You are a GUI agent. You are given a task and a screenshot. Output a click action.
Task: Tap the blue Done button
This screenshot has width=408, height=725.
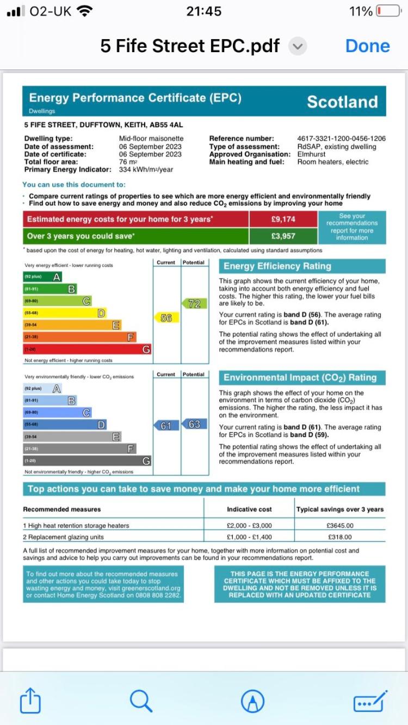pyautogui.click(x=368, y=46)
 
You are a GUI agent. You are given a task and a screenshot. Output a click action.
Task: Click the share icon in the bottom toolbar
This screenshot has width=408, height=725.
pyautogui.click(x=30, y=701)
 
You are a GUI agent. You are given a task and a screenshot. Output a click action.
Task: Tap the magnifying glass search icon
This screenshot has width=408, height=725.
pyautogui.click(x=141, y=701)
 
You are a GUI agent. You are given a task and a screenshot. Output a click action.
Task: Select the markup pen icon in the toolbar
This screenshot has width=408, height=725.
pyautogui.click(x=252, y=701)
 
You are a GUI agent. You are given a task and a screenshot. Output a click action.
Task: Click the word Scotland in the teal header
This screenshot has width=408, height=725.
pyautogui.click(x=342, y=102)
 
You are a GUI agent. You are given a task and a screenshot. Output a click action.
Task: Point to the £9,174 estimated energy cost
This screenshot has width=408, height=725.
pyautogui.click(x=283, y=220)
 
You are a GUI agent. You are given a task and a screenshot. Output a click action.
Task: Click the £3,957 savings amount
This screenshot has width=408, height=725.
pyautogui.click(x=283, y=236)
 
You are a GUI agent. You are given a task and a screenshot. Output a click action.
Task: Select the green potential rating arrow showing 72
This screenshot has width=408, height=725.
pyautogui.click(x=194, y=304)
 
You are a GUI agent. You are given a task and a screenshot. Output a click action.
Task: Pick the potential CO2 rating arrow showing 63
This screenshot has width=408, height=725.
pyautogui.click(x=194, y=424)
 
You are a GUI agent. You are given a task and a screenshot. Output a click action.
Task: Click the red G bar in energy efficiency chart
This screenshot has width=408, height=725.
pyautogui.click(x=87, y=349)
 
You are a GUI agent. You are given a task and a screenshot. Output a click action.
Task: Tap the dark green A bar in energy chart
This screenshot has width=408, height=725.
pyautogui.click(x=42, y=277)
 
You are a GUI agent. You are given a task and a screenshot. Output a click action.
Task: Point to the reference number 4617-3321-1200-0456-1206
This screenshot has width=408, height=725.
pyautogui.click(x=341, y=139)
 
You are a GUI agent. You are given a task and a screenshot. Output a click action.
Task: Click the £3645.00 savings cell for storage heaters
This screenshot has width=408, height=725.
pyautogui.click(x=339, y=526)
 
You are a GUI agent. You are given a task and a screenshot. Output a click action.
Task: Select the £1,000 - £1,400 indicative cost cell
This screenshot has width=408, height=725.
pyautogui.click(x=249, y=537)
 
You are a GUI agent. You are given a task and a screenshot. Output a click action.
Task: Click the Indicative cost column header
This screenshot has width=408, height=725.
pyautogui.click(x=249, y=509)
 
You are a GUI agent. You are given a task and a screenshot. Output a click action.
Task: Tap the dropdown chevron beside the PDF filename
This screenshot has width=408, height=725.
pyautogui.click(x=297, y=47)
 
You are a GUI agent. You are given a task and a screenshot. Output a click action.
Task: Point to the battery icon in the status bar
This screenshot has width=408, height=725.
pyautogui.click(x=388, y=11)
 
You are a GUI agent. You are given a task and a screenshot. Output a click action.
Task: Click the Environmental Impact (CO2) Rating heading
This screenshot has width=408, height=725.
pyautogui.click(x=300, y=378)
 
